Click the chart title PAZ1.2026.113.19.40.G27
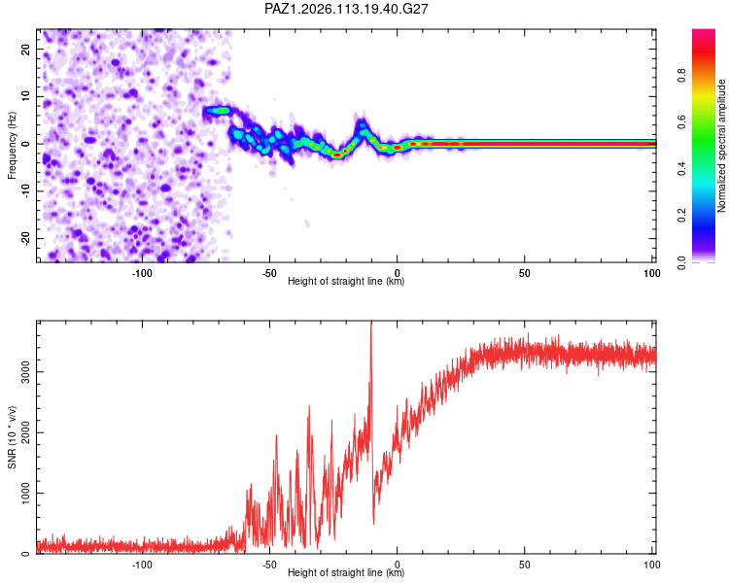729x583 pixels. tap(346, 9)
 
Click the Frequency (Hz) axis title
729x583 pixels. tap(12, 146)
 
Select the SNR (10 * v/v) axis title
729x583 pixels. tap(12, 437)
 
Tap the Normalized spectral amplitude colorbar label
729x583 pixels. tap(721, 146)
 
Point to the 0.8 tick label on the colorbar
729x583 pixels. tap(681, 76)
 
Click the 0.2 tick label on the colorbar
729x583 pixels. tap(681, 216)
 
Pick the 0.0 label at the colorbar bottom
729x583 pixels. tap(681, 262)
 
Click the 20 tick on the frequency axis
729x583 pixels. tap(25, 49)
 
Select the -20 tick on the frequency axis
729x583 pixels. tap(25, 238)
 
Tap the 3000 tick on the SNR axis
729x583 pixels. tap(25, 372)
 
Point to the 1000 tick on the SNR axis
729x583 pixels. tap(25, 493)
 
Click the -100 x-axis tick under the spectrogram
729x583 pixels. tap(142, 273)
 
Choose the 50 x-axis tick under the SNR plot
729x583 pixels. tap(525, 565)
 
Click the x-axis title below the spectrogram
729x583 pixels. tap(346, 281)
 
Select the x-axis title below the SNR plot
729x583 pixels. tap(346, 572)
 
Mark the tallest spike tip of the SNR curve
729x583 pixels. tap(371, 322)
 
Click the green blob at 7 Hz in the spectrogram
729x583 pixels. tap(218, 111)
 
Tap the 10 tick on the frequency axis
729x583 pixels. tap(25, 96)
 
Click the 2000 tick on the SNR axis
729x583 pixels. tap(25, 432)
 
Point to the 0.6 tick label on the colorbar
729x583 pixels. tap(681, 122)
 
